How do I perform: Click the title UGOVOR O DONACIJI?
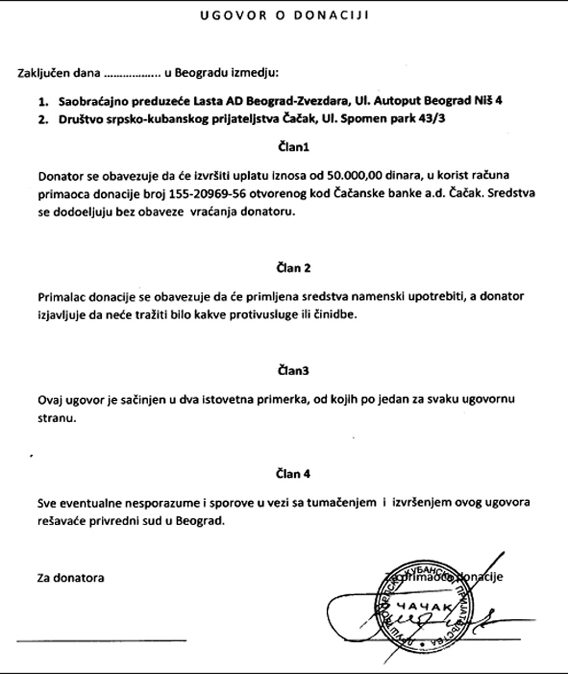click(284, 16)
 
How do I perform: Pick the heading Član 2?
click(293, 268)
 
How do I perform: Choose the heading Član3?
click(293, 371)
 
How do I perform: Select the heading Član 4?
click(293, 473)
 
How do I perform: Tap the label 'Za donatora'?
click(70, 578)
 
